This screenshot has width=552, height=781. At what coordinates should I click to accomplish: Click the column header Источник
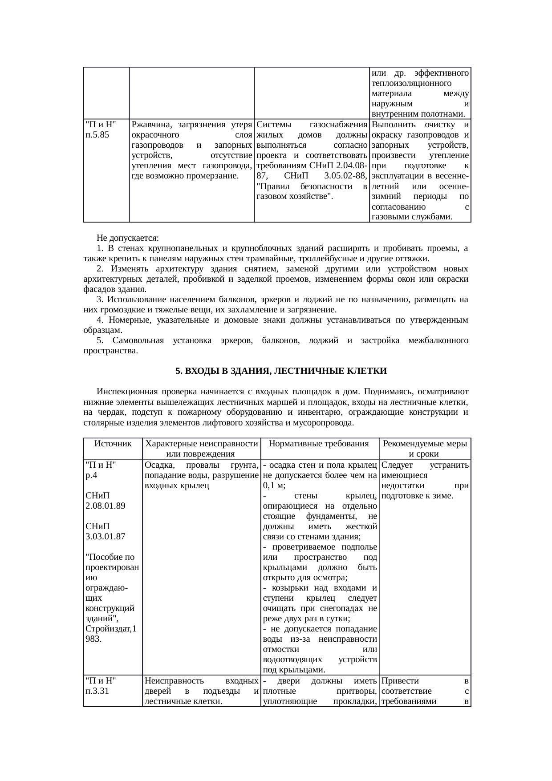click(x=113, y=444)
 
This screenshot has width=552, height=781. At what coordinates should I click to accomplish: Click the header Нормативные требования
click(x=319, y=444)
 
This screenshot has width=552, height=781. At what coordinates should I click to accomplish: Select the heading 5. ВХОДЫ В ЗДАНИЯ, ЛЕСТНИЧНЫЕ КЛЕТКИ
click(x=281, y=371)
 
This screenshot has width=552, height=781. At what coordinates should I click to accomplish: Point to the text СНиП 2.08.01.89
click(x=105, y=501)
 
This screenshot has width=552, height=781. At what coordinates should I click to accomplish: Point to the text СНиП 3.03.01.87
click(x=105, y=531)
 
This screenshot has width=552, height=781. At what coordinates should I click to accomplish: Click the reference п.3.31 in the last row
click(x=97, y=691)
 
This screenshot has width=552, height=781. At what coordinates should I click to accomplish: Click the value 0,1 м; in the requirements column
click(x=274, y=486)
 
